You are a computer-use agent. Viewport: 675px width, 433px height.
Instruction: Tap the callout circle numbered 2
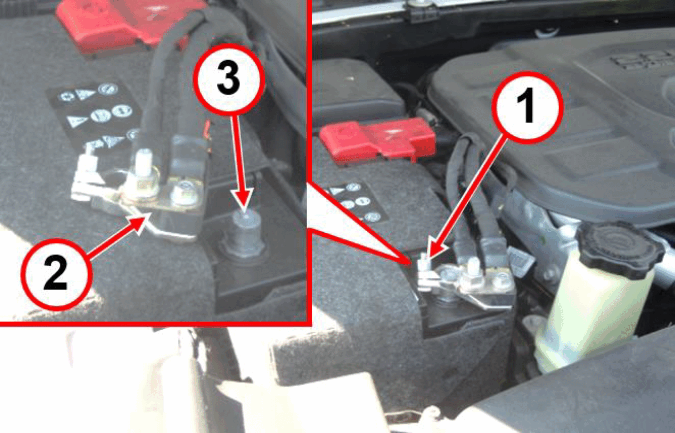click(56, 274)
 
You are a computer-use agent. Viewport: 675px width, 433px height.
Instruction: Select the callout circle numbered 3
click(229, 79)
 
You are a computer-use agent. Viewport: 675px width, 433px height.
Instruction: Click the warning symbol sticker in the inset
click(95, 115)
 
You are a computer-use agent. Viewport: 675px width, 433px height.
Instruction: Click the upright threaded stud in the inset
click(144, 163)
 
